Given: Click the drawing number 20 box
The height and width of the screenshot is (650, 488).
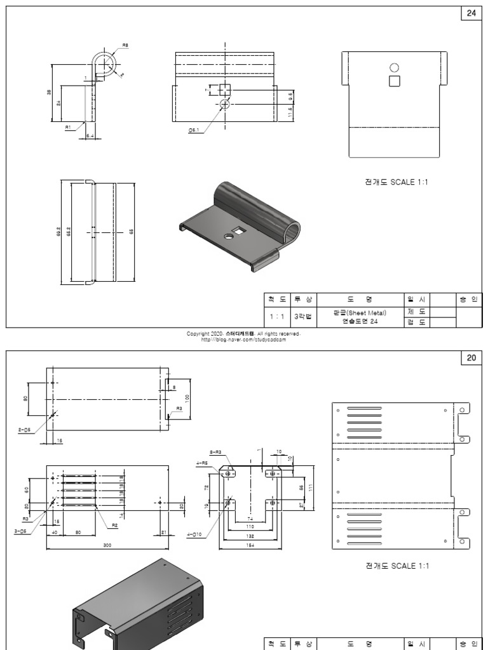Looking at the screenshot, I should pos(471,358).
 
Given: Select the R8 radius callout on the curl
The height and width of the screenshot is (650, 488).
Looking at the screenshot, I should pos(125,46).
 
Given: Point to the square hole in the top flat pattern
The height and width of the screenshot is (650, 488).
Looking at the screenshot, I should pos(394,81).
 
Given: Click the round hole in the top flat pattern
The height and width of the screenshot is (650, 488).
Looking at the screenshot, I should pos(394,67).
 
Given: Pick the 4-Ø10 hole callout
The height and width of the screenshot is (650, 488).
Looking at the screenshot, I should pos(194,534).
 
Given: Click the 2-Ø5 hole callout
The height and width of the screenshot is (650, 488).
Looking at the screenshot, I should pos(25,430).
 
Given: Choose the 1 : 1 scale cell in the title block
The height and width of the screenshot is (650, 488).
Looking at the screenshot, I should pos(276,315).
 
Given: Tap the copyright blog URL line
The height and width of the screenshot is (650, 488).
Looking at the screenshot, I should pos(243,339).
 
